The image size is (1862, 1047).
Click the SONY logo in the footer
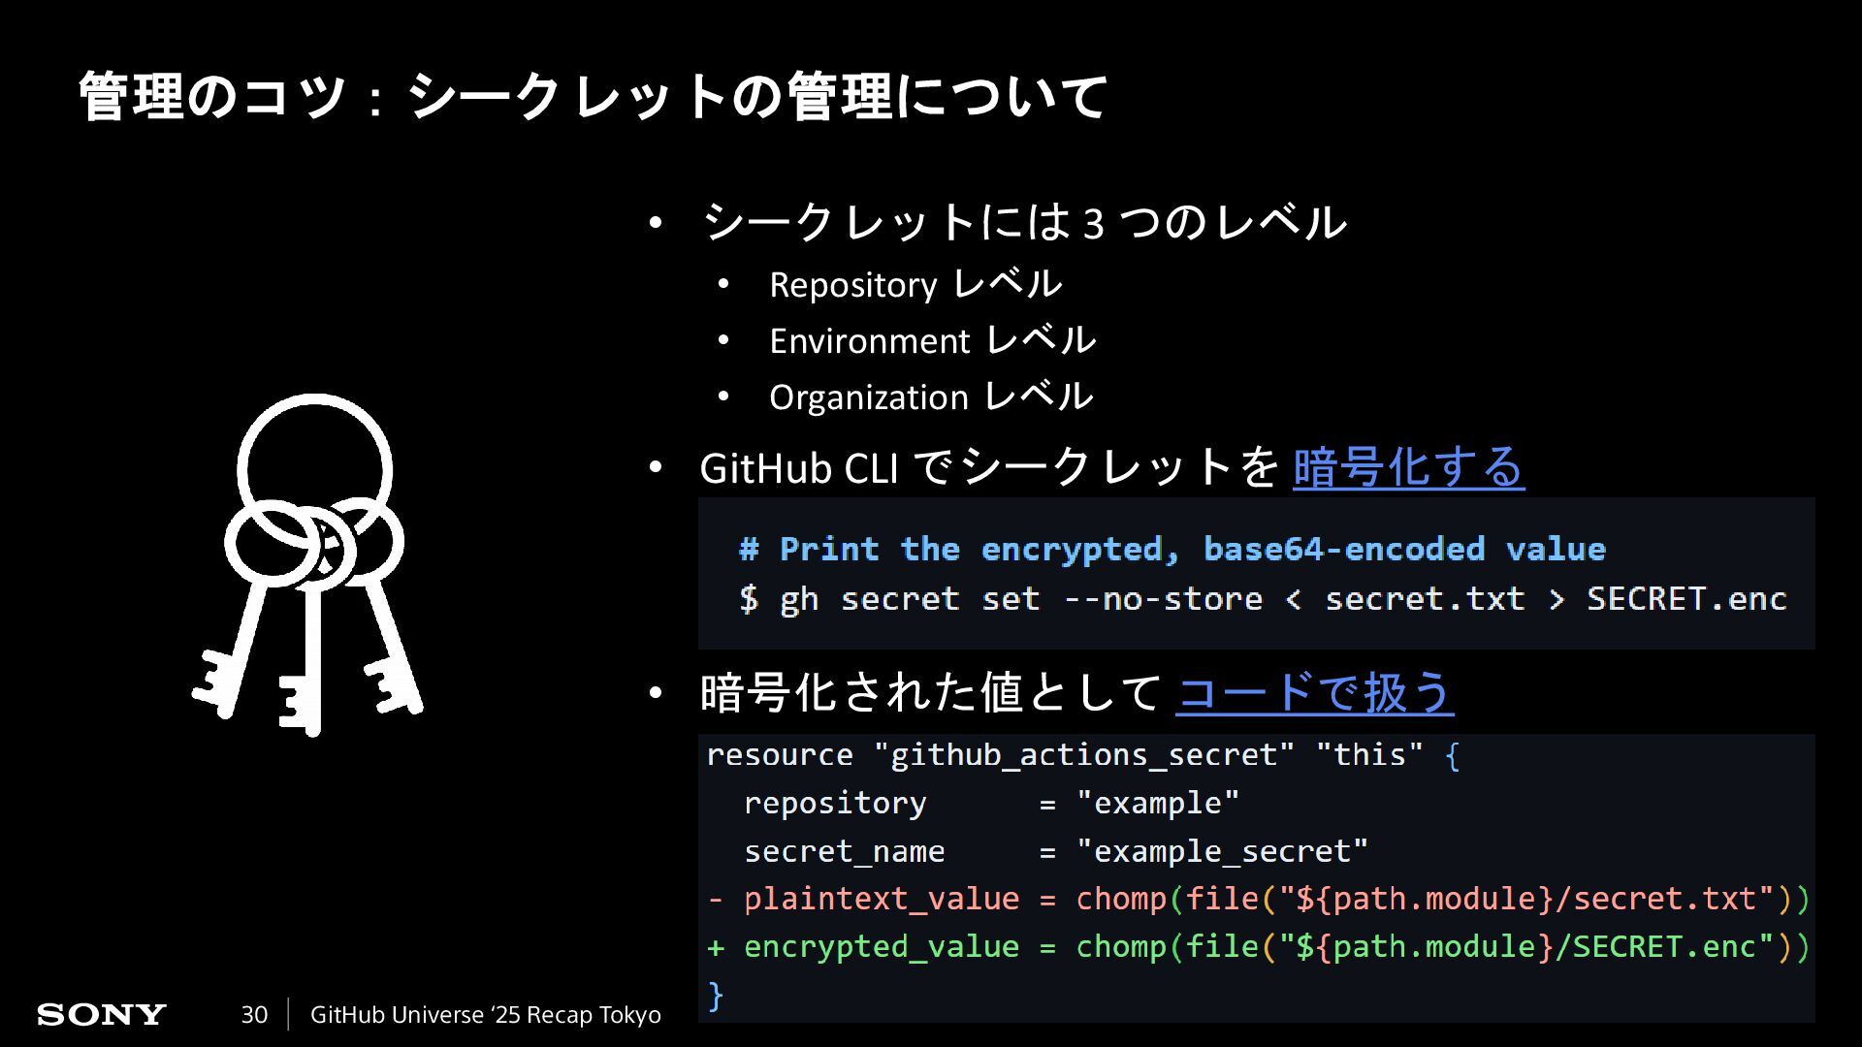pyautogui.click(x=102, y=1015)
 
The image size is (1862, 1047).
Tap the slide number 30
pyautogui.click(x=254, y=1015)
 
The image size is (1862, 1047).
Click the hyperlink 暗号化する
pyautogui.click(x=1408, y=468)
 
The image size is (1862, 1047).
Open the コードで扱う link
pyautogui.click(x=1314, y=693)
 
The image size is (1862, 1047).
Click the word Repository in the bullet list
pyautogui.click(x=852, y=285)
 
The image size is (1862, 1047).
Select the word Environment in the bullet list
pyautogui.click(x=869, y=341)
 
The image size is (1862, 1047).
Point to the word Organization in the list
pyautogui.click(x=868, y=397)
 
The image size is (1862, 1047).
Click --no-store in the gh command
pyautogui.click(x=1163, y=599)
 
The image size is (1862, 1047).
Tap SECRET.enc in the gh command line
pyautogui.click(x=1685, y=599)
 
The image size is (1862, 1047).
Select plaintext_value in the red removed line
pyautogui.click(x=881, y=899)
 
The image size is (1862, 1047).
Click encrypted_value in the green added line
pyautogui.click(x=881, y=946)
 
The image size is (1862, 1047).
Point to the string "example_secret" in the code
pyautogui.click(x=1222, y=851)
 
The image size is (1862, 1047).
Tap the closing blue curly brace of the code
pyautogui.click(x=716, y=995)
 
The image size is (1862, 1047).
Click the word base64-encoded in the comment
pyautogui.click(x=1343, y=549)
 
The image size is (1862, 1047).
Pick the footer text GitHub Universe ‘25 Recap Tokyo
pyautogui.click(x=485, y=1015)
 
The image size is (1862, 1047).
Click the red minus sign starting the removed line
pyautogui.click(x=716, y=899)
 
